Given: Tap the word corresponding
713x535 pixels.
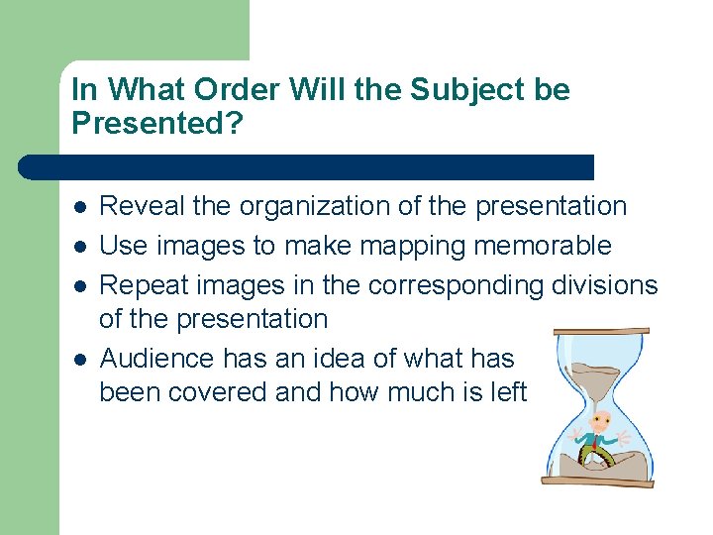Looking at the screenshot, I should [x=455, y=285].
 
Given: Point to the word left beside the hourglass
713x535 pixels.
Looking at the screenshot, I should [x=508, y=392].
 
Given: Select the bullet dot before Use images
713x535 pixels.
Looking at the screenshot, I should [x=78, y=246].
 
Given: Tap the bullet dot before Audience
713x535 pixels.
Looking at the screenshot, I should [x=78, y=358].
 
